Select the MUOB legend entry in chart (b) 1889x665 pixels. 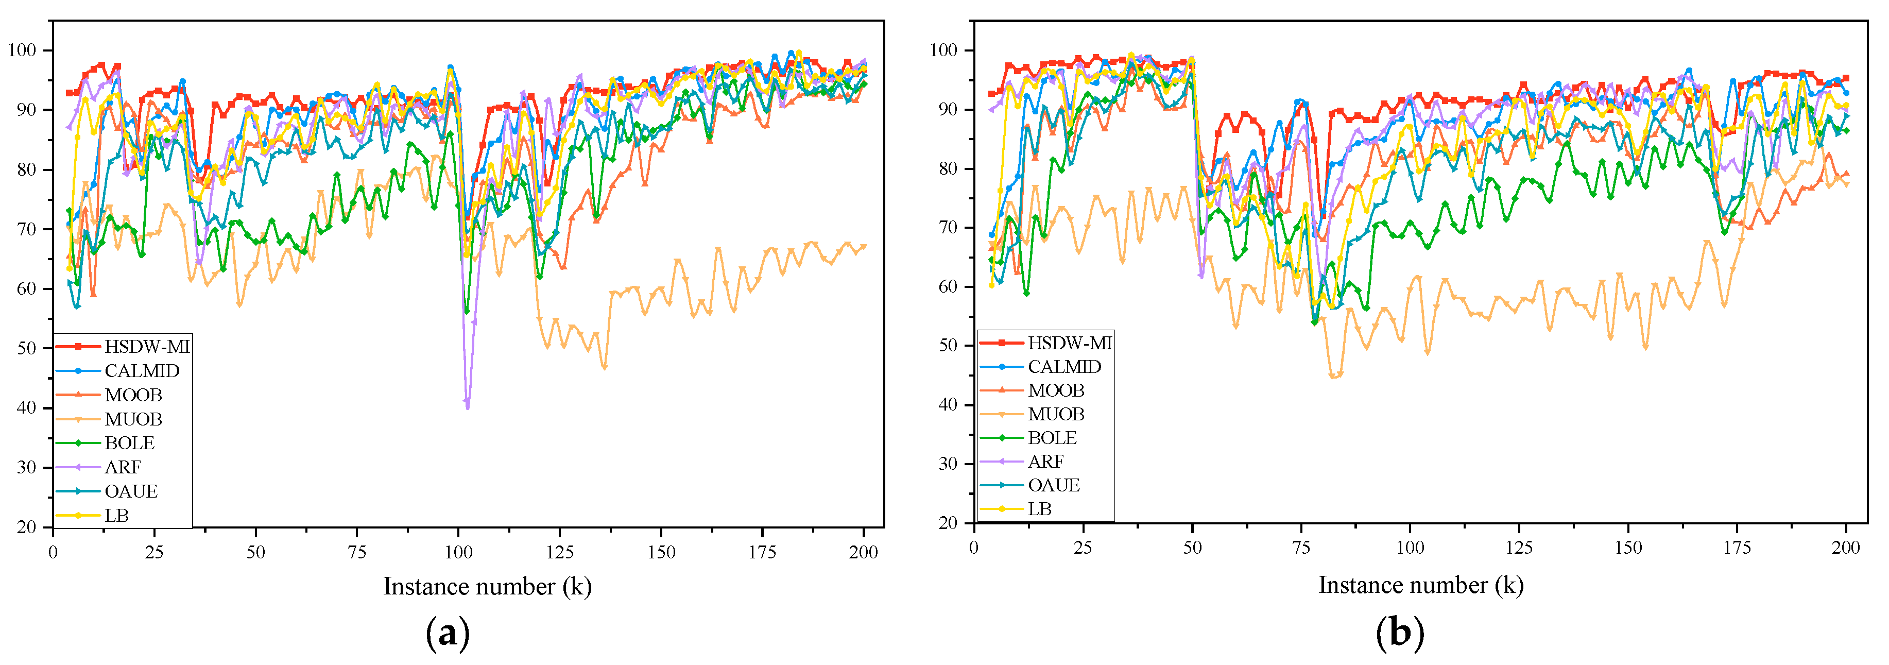click(x=1055, y=414)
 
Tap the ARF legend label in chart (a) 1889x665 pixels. click(x=123, y=467)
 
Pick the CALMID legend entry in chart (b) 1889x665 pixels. click(x=1064, y=367)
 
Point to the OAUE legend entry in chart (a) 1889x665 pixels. click(x=130, y=491)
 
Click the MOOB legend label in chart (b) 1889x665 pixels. click(x=1055, y=390)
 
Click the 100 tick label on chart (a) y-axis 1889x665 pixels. click(x=22, y=50)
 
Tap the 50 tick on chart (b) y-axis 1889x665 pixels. click(x=948, y=345)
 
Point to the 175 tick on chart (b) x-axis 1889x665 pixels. click(x=1737, y=548)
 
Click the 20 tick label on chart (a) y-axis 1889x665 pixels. click(x=26, y=527)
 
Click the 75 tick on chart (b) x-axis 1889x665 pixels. click(x=1301, y=548)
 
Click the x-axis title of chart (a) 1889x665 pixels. click(x=487, y=587)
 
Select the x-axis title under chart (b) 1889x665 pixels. click(x=1420, y=585)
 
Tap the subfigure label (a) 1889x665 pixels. click(x=448, y=632)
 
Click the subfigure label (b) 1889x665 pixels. click(x=1399, y=632)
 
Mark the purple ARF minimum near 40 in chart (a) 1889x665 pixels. click(x=467, y=405)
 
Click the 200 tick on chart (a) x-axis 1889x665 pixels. click(x=863, y=552)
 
